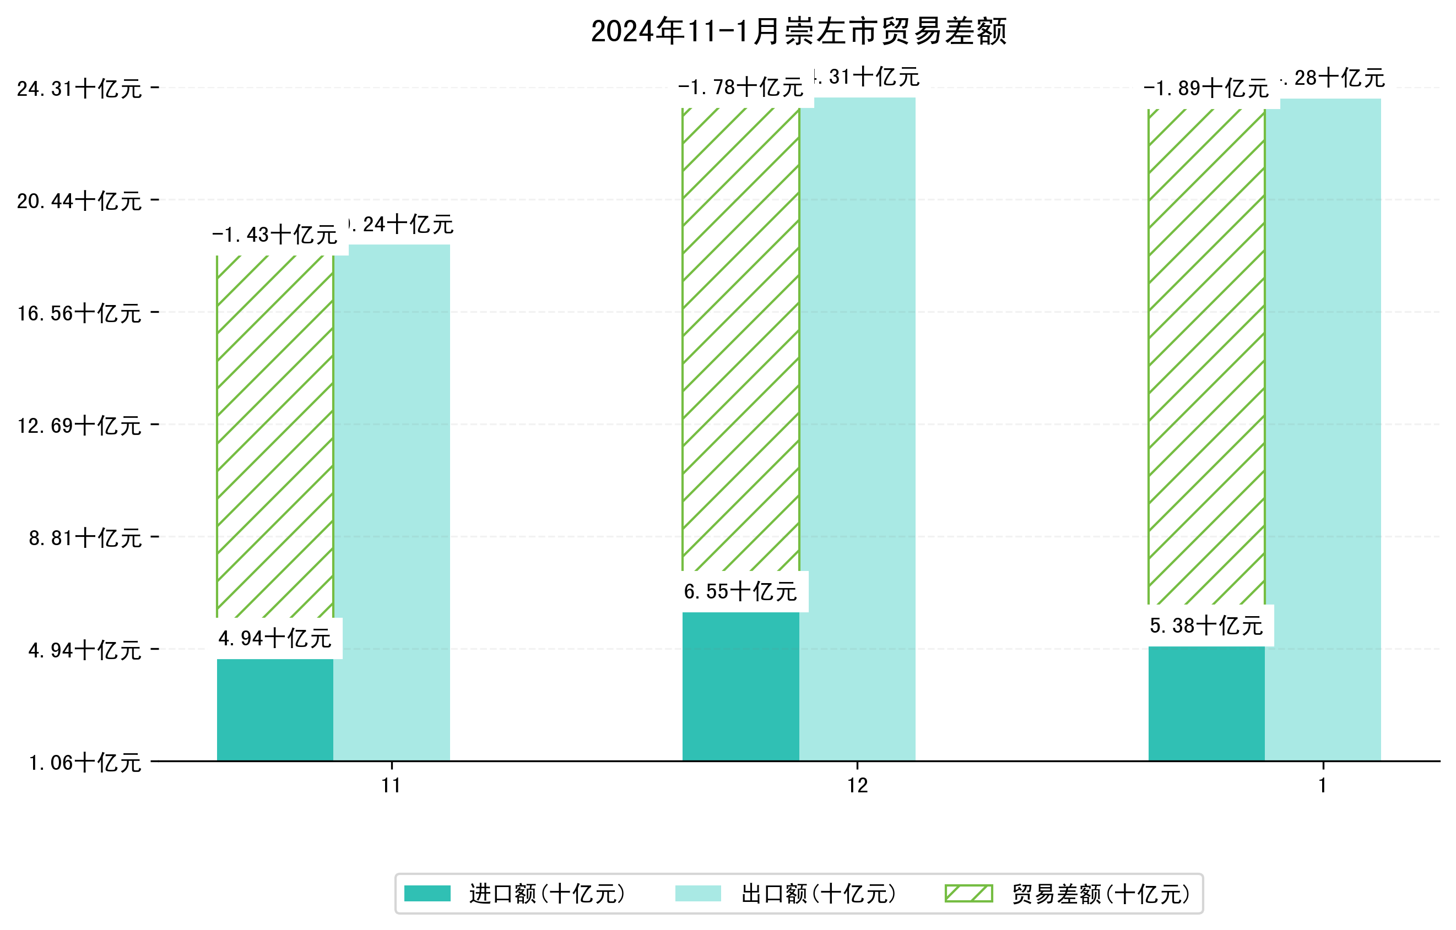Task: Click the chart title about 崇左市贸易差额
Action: pyautogui.click(x=798, y=31)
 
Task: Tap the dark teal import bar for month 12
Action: pyautogui.click(x=741, y=687)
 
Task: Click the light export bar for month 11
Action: pyautogui.click(x=392, y=502)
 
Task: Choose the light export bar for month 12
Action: pyautogui.click(x=857, y=429)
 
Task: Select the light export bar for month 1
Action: pyautogui.click(x=1323, y=429)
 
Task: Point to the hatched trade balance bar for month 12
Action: pyautogui.click(x=741, y=339)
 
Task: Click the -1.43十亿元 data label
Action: pyautogui.click(x=275, y=235)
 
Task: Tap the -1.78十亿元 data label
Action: pyautogui.click(x=741, y=88)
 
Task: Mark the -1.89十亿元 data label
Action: pyautogui.click(x=1206, y=89)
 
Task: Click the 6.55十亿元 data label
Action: pyautogui.click(x=741, y=591)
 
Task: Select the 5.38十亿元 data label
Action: pyautogui.click(x=1206, y=626)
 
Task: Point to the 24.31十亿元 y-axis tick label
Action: pyautogui.click(x=79, y=89)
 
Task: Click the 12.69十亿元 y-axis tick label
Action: pyautogui.click(x=79, y=426)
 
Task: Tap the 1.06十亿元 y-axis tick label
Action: pyautogui.click(x=85, y=763)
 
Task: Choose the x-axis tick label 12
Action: pyautogui.click(x=857, y=786)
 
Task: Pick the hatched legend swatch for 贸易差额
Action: pyautogui.click(x=968, y=893)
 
